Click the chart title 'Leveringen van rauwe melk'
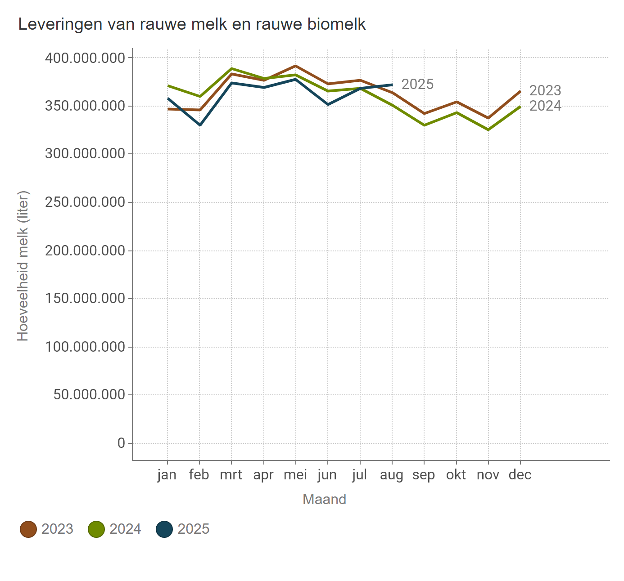(192, 24)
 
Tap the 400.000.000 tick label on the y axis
(85, 58)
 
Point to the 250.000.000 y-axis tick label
(85, 202)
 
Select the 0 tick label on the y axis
(121, 443)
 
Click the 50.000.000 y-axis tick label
(89, 395)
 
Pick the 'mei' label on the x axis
(295, 475)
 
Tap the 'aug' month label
(392, 475)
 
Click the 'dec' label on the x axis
(520, 475)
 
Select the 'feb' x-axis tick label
(199, 475)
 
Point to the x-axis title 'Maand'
(324, 500)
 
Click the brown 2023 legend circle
(28, 529)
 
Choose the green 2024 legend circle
(96, 529)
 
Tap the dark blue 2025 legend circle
(164, 529)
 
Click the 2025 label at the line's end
(417, 85)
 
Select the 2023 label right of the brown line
(545, 91)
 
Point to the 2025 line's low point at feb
(200, 125)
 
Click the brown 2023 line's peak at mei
(296, 66)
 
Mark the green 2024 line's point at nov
(488, 130)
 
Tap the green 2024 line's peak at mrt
(231, 69)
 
